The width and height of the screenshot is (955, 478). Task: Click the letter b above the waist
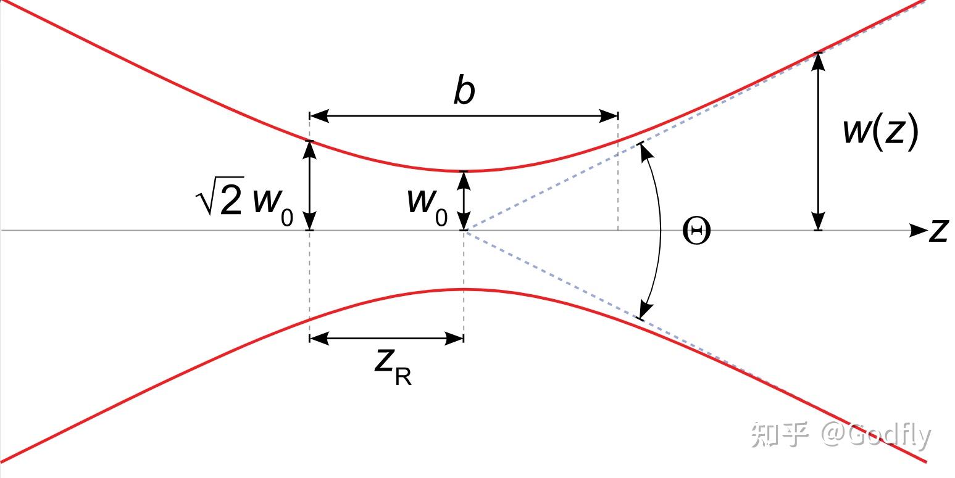[x=464, y=90]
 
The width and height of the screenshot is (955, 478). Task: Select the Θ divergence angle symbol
[x=696, y=231]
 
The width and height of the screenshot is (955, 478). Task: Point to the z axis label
[x=938, y=231]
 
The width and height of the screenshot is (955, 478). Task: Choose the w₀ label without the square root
[x=428, y=206]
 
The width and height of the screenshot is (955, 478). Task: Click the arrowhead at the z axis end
[x=919, y=231]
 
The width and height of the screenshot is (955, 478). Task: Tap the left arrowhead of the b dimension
[x=319, y=115]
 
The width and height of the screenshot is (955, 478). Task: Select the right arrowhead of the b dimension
[x=609, y=115]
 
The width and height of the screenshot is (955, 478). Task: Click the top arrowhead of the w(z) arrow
[x=818, y=62]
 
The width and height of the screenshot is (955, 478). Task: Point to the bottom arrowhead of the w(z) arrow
[x=818, y=221]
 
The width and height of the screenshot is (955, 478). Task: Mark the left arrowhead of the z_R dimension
[x=319, y=339]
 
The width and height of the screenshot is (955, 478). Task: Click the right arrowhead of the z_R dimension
[x=454, y=339]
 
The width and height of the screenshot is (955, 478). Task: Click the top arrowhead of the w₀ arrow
[x=464, y=181]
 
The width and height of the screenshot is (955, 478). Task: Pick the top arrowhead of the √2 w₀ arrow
[x=309, y=150]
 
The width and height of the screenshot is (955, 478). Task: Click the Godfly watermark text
[x=888, y=435]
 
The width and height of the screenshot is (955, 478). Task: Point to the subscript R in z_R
[x=403, y=377]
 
